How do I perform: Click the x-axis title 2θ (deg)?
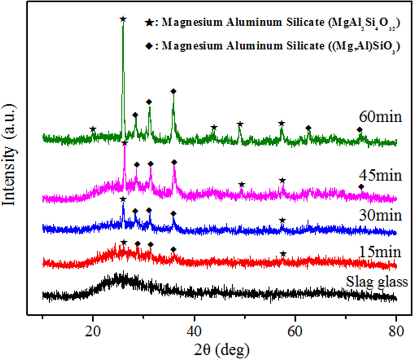222,350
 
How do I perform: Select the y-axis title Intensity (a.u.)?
9,155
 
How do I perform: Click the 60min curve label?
380,117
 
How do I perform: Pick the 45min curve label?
380,175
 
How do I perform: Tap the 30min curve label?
380,215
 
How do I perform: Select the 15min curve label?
380,252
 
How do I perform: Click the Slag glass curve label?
377,282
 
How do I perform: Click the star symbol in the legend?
149,23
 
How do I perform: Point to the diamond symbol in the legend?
149,46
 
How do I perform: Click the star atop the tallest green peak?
123,19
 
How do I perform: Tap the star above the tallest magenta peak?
124,143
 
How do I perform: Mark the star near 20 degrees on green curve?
93,129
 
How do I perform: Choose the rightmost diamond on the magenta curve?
361,187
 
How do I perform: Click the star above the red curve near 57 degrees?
283,254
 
